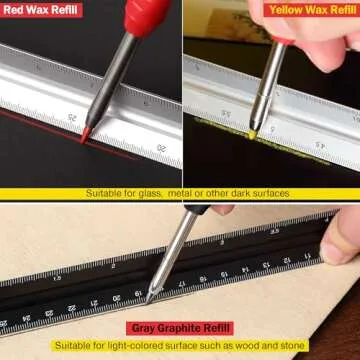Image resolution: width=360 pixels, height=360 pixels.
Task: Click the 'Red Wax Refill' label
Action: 41,10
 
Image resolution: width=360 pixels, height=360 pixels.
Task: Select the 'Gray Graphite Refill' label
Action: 180,327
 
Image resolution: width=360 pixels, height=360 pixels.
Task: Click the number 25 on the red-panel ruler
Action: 73,116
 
